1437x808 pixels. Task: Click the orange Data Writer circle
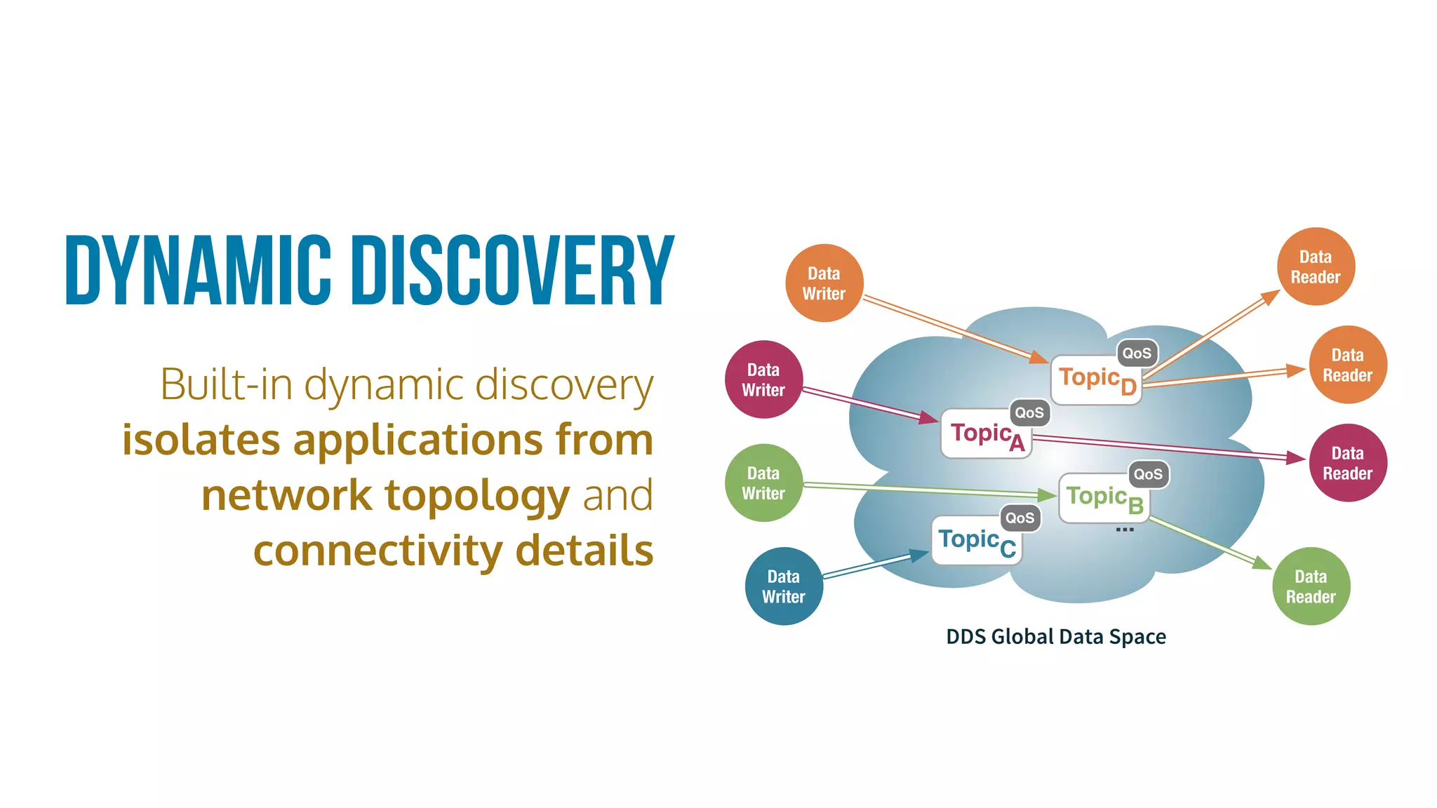pos(824,283)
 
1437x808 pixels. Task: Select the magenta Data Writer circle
pos(763,379)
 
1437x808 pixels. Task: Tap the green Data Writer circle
pos(763,483)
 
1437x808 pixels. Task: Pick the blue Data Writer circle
pos(784,586)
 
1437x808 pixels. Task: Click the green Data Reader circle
pos(1311,586)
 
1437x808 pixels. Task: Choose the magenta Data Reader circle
pos(1347,463)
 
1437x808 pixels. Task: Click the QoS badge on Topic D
pos(1137,353)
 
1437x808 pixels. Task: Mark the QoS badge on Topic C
pos(1020,518)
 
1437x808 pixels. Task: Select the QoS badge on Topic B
pos(1148,474)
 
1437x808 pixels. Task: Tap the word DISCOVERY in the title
pos(512,271)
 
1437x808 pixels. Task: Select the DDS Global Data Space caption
pos(1055,636)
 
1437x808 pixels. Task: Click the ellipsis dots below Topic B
pos(1124,530)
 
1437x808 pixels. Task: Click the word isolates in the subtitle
pos(201,440)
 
